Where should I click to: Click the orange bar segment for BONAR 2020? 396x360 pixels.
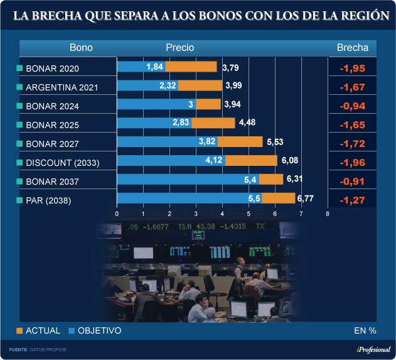[193, 67]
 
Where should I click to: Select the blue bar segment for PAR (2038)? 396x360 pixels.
[189, 199]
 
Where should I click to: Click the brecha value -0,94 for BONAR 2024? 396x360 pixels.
[352, 106]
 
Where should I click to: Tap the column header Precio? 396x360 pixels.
[180, 48]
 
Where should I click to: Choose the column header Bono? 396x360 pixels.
[81, 48]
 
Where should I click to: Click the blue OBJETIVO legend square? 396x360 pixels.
[72, 330]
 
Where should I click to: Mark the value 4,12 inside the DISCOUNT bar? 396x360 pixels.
[215, 161]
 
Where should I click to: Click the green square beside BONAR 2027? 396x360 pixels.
[19, 144]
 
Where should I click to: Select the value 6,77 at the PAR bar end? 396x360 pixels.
[305, 199]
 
